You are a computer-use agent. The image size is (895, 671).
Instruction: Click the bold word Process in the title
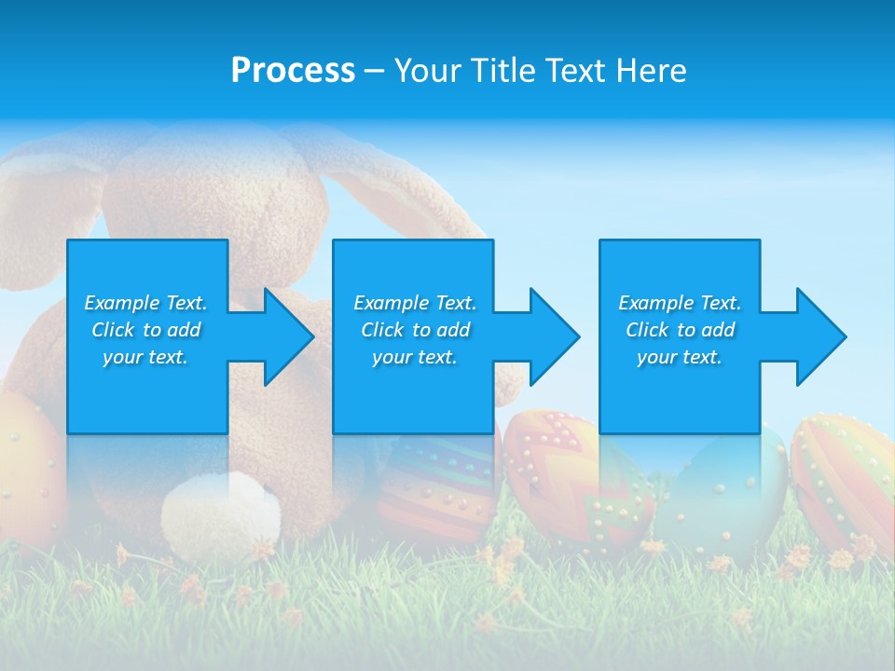click(293, 71)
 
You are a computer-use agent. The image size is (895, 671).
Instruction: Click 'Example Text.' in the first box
click(145, 303)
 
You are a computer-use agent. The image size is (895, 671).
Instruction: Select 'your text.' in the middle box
click(414, 357)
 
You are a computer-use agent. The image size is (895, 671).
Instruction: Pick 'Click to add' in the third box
click(680, 330)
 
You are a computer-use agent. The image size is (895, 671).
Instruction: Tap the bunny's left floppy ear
click(51, 186)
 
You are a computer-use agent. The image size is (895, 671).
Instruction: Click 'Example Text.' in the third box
click(680, 303)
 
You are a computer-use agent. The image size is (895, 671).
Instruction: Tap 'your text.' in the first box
click(145, 357)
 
